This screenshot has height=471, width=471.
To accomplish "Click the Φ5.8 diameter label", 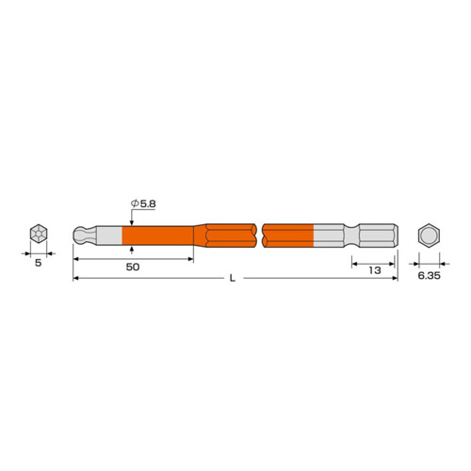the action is coord(143,203).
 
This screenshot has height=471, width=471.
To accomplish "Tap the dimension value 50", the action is coord(133,267).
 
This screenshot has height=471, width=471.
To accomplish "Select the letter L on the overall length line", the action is coord(232,278).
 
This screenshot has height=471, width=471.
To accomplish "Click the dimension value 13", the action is coord(375,270).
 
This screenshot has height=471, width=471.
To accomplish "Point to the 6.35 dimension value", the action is coord(429,276).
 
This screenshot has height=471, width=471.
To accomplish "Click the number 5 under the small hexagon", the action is coord(38,263).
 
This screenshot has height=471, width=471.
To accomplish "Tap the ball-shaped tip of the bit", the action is coord(81,235).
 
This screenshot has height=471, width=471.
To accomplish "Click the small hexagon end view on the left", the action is coord(39,234).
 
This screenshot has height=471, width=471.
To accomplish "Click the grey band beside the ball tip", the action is coord(109,235).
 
